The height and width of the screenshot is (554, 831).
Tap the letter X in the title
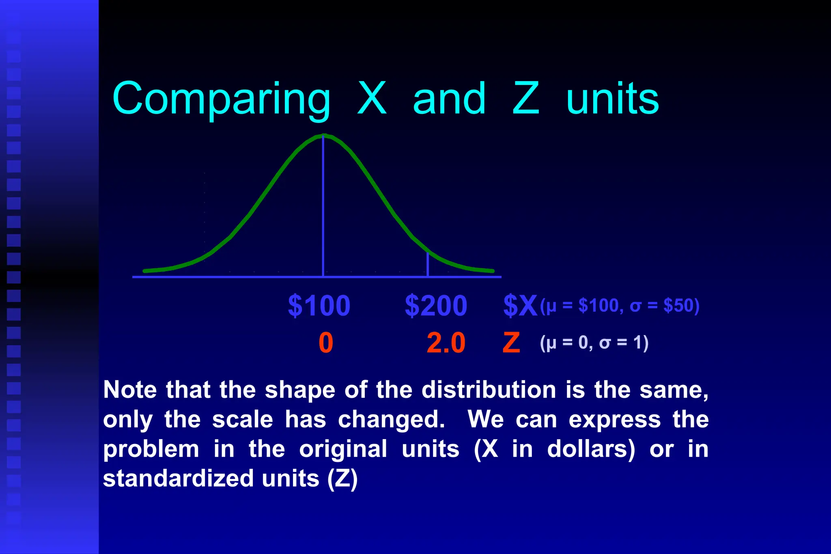click(x=372, y=98)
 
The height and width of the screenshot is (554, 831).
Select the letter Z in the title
click(x=525, y=98)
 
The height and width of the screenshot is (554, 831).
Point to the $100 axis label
click(x=319, y=306)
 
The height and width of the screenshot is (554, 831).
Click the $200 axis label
click(x=436, y=306)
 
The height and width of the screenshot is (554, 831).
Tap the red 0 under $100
click(x=326, y=343)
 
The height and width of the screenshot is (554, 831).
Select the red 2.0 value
click(x=446, y=343)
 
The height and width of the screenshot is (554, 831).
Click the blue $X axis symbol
click(x=520, y=306)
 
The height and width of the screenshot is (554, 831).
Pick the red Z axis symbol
click(x=511, y=343)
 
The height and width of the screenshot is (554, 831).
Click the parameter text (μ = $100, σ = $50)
click(x=620, y=306)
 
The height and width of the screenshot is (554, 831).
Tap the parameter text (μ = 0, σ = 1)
click(x=594, y=343)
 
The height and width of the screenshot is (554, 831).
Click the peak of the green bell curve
click(x=323, y=136)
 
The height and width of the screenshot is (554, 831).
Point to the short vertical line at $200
click(x=428, y=265)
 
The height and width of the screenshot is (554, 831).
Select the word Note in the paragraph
click(x=130, y=390)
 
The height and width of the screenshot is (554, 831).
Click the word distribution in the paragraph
click(x=489, y=390)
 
